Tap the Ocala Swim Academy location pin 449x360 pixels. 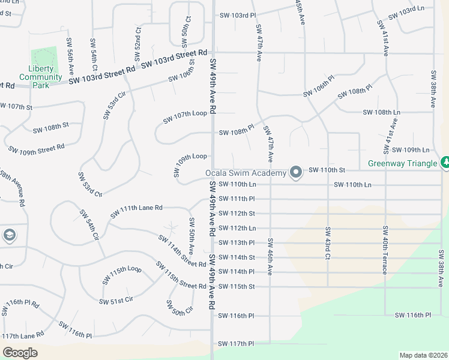295,173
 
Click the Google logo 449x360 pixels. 20,352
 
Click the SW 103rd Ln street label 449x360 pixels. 408,11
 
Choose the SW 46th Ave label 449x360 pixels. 270,257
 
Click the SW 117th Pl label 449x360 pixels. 237,344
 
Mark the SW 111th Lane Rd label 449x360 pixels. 136,211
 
